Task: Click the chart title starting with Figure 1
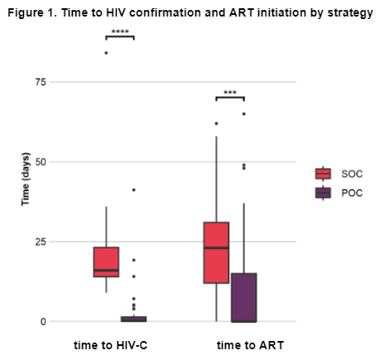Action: [x=190, y=12]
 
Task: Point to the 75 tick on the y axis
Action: [x=41, y=82]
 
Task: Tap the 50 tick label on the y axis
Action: [x=41, y=162]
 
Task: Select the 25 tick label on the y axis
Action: [x=41, y=242]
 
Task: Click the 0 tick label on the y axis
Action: [x=43, y=322]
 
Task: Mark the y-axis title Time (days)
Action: [x=25, y=179]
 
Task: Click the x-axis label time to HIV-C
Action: [x=110, y=345]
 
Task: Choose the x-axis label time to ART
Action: [x=250, y=345]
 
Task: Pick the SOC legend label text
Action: [x=352, y=174]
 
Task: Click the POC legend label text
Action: [x=352, y=193]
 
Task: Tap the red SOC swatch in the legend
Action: [x=323, y=174]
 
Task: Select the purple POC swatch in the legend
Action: [x=323, y=193]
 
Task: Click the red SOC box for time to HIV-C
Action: [x=106, y=262]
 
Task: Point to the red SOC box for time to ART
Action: [x=216, y=252]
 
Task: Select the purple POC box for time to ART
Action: [x=244, y=298]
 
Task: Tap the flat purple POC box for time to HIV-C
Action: [x=134, y=319]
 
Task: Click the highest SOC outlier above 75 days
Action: [x=106, y=53]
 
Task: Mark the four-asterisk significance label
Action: [x=120, y=31]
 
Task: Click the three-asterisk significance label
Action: [x=230, y=92]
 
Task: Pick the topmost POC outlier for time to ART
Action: [x=244, y=114]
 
